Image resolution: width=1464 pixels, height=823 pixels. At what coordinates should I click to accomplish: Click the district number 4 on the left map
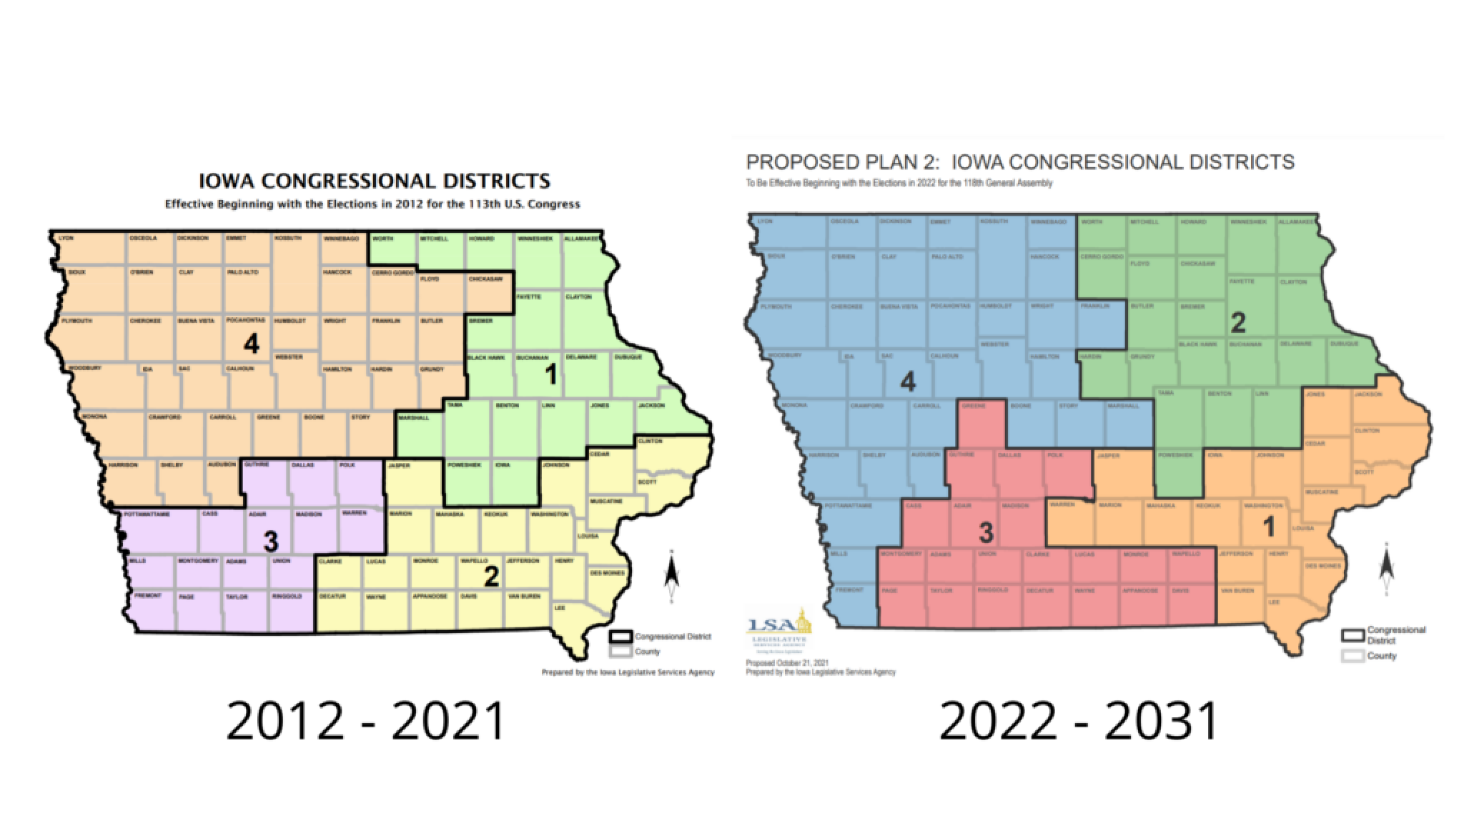[x=250, y=344]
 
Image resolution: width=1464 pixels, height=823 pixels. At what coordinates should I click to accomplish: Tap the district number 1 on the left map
[x=550, y=374]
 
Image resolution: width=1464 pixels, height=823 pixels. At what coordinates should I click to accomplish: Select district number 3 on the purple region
[x=270, y=542]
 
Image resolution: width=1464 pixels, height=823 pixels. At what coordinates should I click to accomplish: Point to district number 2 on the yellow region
[x=491, y=577]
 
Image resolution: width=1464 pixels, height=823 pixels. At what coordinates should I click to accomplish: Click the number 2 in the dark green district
[x=1237, y=323]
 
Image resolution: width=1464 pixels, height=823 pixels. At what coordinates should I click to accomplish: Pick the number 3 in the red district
[x=986, y=532]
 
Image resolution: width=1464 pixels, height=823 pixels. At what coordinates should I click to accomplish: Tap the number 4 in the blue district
[x=907, y=383]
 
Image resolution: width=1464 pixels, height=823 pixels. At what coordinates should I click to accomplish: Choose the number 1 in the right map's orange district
[x=1269, y=527]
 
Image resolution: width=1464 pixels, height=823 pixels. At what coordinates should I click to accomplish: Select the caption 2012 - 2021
[x=366, y=721]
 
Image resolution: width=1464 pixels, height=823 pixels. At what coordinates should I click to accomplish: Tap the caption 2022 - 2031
[x=1079, y=721]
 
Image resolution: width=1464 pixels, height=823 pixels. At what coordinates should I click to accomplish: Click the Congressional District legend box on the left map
[x=620, y=637]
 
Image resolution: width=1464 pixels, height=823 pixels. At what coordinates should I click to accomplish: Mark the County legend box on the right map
[x=1352, y=656]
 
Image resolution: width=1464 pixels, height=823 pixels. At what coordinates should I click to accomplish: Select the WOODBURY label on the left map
[x=84, y=369]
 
